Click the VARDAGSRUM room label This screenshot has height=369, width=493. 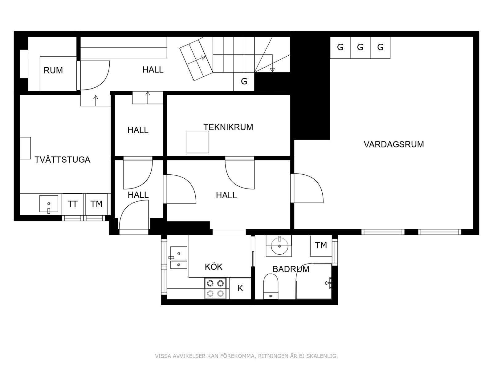[393, 144]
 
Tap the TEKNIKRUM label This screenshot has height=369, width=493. [228, 127]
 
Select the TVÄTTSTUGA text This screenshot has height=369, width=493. [62, 160]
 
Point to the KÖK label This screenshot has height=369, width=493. [213, 267]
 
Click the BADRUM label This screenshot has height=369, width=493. [291, 269]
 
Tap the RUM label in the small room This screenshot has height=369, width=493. [53, 70]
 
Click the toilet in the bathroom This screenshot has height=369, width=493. [271, 285]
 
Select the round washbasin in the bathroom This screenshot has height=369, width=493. [279, 246]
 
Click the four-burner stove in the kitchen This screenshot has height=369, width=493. [215, 288]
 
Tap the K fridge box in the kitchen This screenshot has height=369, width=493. [240, 288]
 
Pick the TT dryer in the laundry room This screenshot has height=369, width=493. [72, 204]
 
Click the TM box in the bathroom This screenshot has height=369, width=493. [321, 245]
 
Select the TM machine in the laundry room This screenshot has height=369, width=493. [96, 204]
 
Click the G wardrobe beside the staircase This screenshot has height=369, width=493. [244, 81]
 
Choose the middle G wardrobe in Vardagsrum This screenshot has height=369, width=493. [360, 47]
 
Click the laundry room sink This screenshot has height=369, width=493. [49, 204]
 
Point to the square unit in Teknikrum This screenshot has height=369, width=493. [198, 142]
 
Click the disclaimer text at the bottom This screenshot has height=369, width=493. [246, 356]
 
